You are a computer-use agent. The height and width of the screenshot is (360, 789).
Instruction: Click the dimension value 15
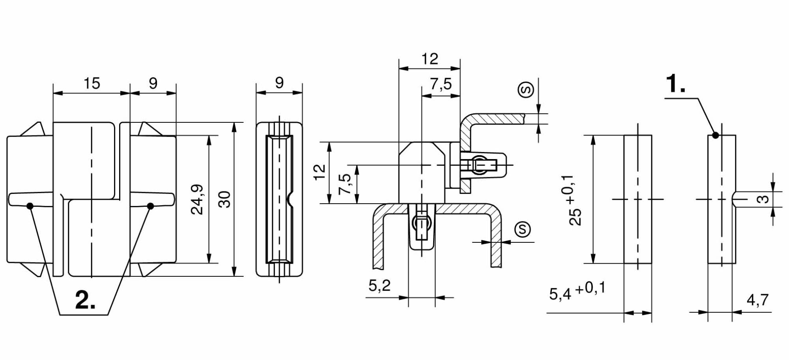pyautogui.click(x=92, y=83)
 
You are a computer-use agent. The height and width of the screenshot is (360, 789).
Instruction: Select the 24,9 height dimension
pyautogui.click(x=197, y=199)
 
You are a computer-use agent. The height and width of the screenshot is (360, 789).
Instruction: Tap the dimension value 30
pyautogui.click(x=224, y=199)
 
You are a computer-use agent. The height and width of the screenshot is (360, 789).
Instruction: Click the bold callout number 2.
pyautogui.click(x=85, y=300)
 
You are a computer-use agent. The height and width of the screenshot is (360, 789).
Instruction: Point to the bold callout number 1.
pyautogui.click(x=675, y=84)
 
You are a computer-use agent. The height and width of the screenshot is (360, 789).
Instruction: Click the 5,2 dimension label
pyautogui.click(x=380, y=285)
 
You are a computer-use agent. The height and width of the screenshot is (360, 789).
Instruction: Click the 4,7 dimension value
pyautogui.click(x=758, y=300)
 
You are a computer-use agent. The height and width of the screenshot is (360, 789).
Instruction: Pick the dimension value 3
pyautogui.click(x=764, y=199)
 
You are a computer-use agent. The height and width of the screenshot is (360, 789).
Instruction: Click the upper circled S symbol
pyautogui.click(x=526, y=90)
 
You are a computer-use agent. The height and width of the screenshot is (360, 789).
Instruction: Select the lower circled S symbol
pyautogui.click(x=523, y=229)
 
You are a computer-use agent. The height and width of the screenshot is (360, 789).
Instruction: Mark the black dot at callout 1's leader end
pyautogui.click(x=716, y=135)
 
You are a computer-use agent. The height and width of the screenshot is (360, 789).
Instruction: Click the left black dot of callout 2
pyautogui.click(x=30, y=206)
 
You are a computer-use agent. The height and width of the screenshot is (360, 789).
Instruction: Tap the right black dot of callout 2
pyautogui.click(x=150, y=206)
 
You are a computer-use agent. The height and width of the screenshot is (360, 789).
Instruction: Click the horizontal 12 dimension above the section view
pyautogui.click(x=430, y=59)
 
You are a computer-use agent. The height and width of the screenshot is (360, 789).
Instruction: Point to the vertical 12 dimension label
pyautogui.click(x=320, y=172)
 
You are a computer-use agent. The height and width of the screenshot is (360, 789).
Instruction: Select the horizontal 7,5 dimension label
pyautogui.click(x=441, y=84)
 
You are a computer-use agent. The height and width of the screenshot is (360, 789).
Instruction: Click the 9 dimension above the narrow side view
pyautogui.click(x=279, y=82)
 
